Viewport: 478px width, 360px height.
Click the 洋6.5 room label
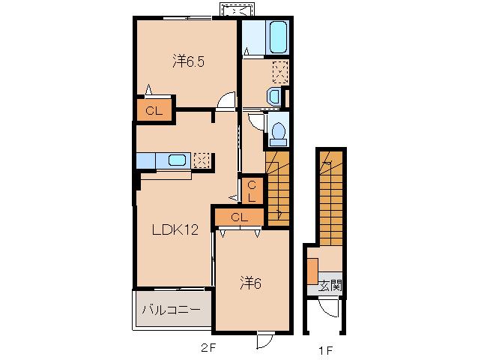(x=188, y=61)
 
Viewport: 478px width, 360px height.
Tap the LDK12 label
(x=175, y=229)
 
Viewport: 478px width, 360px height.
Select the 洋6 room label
(x=250, y=283)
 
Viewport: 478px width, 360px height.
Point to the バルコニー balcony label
(x=172, y=310)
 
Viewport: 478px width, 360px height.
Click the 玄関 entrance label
(x=330, y=286)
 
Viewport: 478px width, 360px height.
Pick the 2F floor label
(x=208, y=348)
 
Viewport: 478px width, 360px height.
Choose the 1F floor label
(x=325, y=350)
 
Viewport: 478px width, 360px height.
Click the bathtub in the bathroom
(x=278, y=37)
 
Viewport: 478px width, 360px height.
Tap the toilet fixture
(x=278, y=134)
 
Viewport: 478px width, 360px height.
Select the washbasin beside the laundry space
(x=273, y=97)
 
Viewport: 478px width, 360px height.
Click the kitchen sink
(x=177, y=160)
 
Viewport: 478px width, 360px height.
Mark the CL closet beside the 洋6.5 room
(x=154, y=110)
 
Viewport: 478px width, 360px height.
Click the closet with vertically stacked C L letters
(x=252, y=190)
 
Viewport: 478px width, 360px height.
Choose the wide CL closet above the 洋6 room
(x=239, y=217)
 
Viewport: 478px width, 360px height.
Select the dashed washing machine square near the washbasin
(x=280, y=72)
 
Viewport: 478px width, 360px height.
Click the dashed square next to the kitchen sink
(x=202, y=160)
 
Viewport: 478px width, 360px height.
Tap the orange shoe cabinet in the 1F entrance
(x=312, y=271)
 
